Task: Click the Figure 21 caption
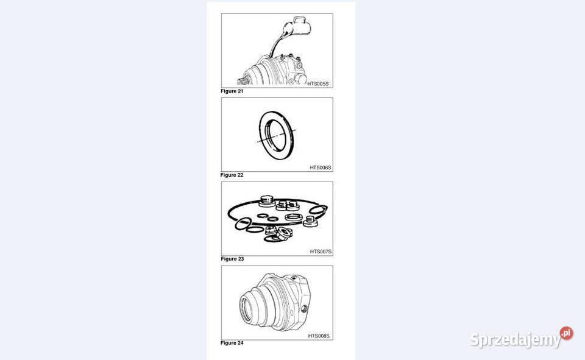[232, 91]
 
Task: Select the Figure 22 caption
[232, 175]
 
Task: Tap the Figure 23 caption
[232, 259]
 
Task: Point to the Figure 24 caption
[232, 343]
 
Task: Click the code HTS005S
[318, 84]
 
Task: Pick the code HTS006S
[320, 168]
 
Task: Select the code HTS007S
[321, 252]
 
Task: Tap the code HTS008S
[319, 336]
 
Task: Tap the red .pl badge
[566, 333]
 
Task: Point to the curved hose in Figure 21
[275, 44]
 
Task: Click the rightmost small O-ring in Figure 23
[318, 210]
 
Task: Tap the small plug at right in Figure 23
[310, 222]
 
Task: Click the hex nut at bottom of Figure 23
[283, 234]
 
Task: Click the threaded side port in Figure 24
[304, 309]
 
